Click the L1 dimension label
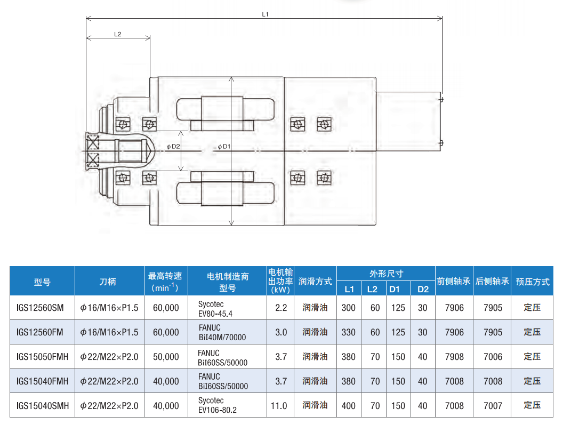(x=265, y=14)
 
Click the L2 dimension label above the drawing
(x=118, y=35)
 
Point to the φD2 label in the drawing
(x=173, y=147)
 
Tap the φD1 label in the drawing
(x=224, y=147)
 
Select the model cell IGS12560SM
(x=40, y=308)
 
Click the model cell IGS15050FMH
(x=42, y=357)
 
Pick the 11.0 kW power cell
(x=279, y=406)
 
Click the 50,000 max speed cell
(x=166, y=357)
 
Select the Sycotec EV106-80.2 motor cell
(x=218, y=405)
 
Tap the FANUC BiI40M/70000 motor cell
(x=222, y=332)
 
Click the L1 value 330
(x=348, y=332)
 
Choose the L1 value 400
(x=348, y=406)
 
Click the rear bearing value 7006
(x=493, y=357)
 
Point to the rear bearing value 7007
(x=493, y=406)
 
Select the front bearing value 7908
(x=454, y=357)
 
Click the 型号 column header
(x=42, y=283)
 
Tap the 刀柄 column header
(x=108, y=282)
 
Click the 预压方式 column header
(x=533, y=282)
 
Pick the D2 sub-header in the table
(x=423, y=289)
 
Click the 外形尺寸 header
(x=387, y=274)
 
